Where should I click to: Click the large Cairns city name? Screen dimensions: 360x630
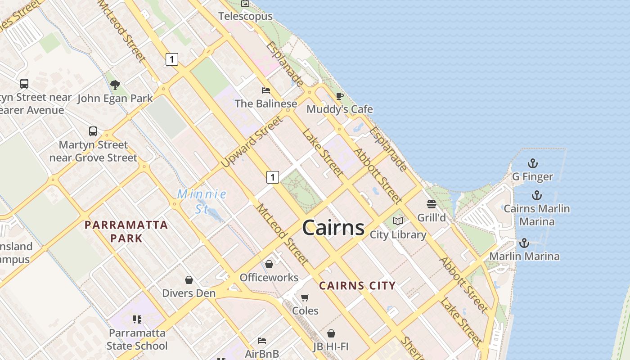333,228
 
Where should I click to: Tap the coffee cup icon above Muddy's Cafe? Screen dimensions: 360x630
340,96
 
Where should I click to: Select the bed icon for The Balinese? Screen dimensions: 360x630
266,90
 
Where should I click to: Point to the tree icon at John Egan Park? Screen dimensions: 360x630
115,85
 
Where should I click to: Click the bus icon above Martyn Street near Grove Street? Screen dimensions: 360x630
93,131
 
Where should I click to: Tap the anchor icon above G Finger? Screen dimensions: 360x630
533,163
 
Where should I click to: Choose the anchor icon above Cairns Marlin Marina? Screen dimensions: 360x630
536,195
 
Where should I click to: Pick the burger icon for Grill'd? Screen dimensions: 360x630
432,204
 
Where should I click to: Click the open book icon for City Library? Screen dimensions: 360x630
398,221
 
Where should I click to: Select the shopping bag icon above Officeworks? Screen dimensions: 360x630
269,264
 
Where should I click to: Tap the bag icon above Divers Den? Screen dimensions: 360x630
189,280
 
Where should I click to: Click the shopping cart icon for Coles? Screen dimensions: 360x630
305,297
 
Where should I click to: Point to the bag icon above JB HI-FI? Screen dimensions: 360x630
331,333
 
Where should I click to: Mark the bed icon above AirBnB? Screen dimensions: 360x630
262,341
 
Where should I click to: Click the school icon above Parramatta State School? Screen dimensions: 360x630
137,319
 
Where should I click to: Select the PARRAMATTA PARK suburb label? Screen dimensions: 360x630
126,231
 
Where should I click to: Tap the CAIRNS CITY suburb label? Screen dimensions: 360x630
357,285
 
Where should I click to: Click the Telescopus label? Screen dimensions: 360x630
246,16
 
